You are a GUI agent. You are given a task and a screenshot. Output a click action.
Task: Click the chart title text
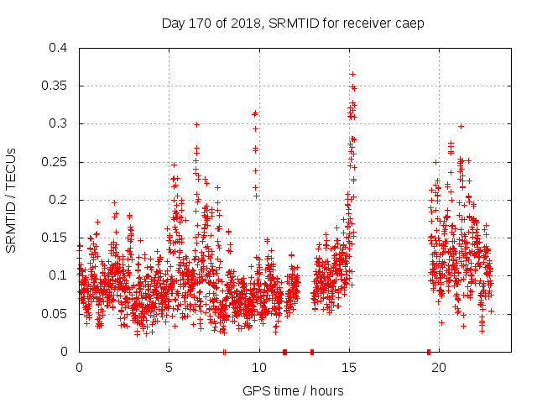(293, 23)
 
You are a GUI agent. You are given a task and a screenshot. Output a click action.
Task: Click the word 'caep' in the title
(410, 23)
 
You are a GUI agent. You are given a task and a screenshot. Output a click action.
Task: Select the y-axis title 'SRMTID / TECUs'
(12, 200)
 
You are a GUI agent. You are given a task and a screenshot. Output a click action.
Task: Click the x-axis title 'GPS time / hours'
(293, 390)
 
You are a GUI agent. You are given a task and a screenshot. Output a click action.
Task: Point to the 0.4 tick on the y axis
(60, 48)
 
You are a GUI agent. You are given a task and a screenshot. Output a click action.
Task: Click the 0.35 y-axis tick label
(56, 86)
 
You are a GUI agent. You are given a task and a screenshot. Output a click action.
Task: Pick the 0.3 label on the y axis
(60, 123)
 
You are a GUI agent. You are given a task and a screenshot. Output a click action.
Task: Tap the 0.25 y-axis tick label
(56, 162)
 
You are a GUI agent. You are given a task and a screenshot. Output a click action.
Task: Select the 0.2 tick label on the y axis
(60, 200)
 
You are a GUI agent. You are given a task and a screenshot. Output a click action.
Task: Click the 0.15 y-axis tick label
(56, 238)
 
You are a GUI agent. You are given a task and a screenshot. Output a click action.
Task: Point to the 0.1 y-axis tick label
(60, 275)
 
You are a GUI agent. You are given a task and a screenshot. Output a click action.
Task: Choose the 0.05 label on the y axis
(56, 314)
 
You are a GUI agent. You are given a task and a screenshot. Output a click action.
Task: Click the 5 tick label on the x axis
(169, 368)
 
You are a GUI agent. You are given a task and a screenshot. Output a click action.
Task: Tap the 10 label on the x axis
(258, 368)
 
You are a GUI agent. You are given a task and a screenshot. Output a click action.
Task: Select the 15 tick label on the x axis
(348, 368)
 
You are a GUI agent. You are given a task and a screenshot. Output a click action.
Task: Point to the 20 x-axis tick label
(438, 368)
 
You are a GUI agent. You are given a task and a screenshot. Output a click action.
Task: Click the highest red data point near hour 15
(352, 74)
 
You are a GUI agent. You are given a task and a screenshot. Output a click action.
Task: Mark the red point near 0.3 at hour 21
(461, 126)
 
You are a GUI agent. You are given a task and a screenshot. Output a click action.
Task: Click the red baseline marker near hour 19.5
(429, 352)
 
